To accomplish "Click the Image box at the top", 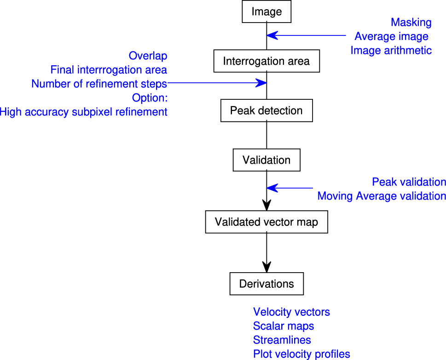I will (266, 12).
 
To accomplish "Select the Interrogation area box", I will (266, 61).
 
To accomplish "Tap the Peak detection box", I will (266, 111).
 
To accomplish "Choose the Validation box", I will (266, 160).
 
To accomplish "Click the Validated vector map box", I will (266, 223).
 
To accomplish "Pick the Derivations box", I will (266, 284).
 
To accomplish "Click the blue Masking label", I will (411, 22).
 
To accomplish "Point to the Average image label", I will (391, 36).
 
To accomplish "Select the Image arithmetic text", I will (391, 50).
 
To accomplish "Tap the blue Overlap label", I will (148, 56).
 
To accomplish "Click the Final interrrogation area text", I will (109, 70).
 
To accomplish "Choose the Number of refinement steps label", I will (99, 84).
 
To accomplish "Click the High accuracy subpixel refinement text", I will (83, 112).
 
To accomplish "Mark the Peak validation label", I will (409, 182).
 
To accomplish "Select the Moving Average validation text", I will (382, 196).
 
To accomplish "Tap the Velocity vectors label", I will (291, 312).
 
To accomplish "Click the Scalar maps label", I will (284, 326).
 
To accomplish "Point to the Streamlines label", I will (282, 340).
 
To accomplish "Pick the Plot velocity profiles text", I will (301, 354).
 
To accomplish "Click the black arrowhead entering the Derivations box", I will (266, 267).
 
